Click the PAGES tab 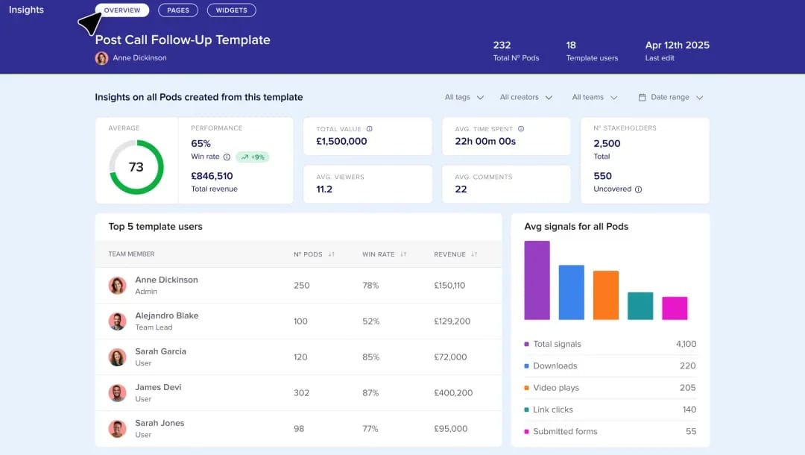click(178, 10)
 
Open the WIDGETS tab click(232, 10)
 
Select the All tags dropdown click(464, 97)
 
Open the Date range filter click(671, 97)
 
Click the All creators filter click(525, 97)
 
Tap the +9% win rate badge click(253, 157)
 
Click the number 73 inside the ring click(136, 167)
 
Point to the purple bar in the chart click(537, 280)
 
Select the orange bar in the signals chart click(606, 295)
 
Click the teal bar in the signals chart click(640, 306)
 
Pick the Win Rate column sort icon click(403, 254)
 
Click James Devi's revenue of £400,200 click(453, 393)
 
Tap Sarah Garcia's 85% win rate click(370, 357)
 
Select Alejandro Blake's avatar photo click(118, 321)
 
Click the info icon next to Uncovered click(638, 189)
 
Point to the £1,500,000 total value click(341, 141)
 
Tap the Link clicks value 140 click(689, 409)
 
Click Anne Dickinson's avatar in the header click(101, 58)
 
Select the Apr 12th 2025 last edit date click(677, 45)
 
